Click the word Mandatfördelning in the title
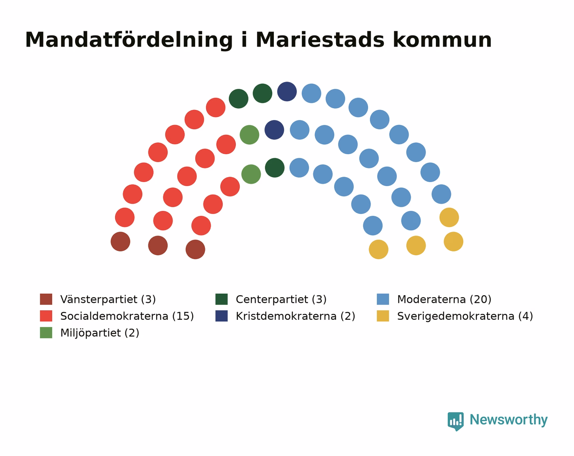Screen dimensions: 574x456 tap(129, 40)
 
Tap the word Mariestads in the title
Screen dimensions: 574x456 tap(320, 40)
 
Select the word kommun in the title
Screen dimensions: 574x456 tap(442, 40)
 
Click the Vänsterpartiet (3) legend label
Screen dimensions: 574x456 tap(108, 299)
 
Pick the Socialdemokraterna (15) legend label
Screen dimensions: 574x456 tap(127, 316)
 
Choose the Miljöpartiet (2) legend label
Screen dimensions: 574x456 tap(100, 333)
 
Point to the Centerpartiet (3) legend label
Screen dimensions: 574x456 tap(281, 299)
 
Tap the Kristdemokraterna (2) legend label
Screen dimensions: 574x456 tap(296, 316)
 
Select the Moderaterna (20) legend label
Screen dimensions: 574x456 tap(444, 299)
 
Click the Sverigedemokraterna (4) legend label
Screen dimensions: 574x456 tap(465, 316)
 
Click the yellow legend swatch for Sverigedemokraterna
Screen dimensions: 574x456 tap(383, 316)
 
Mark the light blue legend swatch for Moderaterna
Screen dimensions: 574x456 tap(383, 299)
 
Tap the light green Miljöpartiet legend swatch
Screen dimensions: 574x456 tap(46, 333)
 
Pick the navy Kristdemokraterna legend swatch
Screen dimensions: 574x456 tap(221, 316)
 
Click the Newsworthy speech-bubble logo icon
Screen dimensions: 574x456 tap(456, 421)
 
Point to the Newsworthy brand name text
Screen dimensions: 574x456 tap(509, 420)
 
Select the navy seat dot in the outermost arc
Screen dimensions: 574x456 tap(287, 91)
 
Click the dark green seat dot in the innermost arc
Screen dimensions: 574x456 tap(275, 168)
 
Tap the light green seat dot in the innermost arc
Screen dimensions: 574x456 tap(251, 174)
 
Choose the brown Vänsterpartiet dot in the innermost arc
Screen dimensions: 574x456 tap(196, 249)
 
